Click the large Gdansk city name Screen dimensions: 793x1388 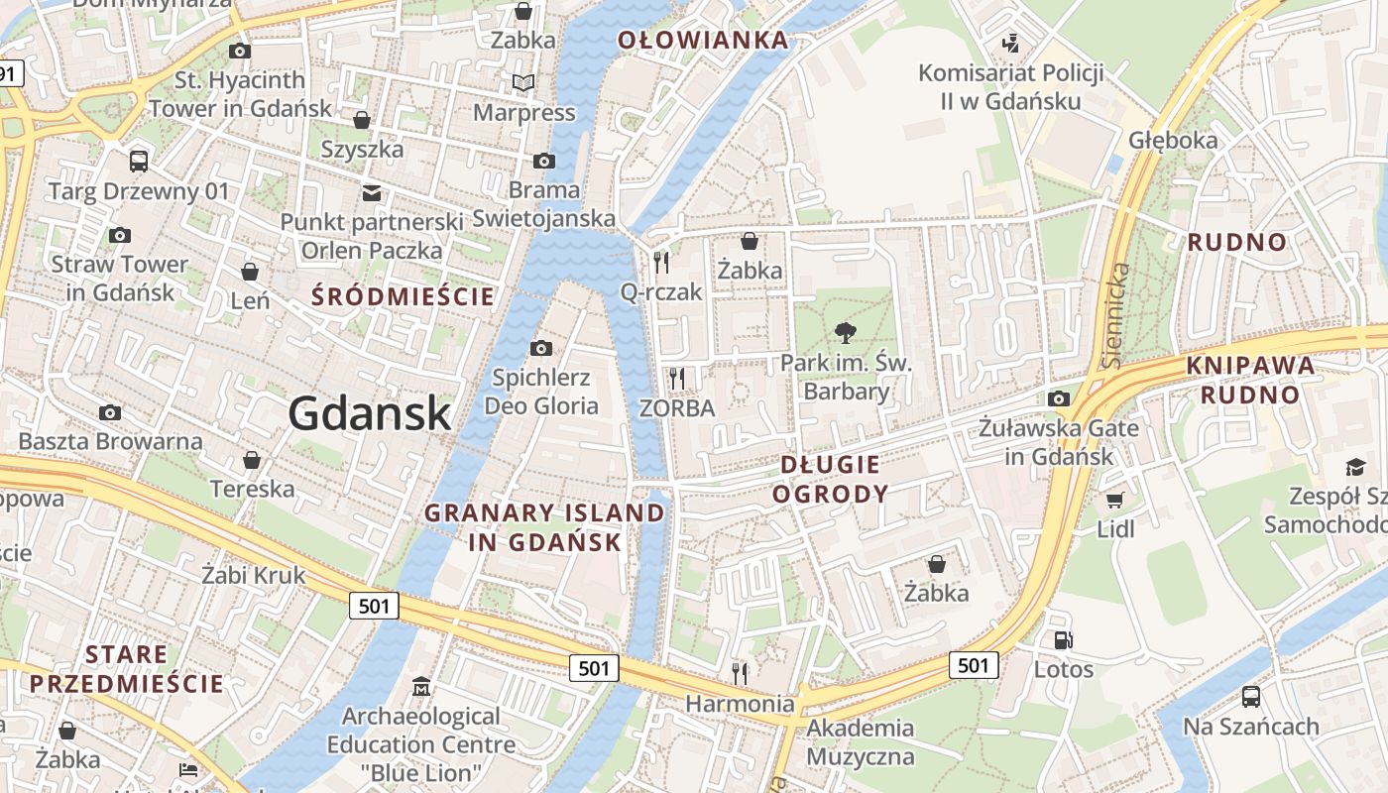(x=370, y=412)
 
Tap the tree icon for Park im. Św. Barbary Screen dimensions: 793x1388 (x=845, y=332)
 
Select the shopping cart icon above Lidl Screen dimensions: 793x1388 (x=1115, y=500)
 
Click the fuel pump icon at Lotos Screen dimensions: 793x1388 (x=1063, y=640)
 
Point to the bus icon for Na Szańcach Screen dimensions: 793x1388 (x=1251, y=697)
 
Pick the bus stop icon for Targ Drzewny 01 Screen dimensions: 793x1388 (x=139, y=161)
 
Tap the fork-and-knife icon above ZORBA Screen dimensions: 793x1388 (x=677, y=378)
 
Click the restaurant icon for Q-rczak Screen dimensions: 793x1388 (x=661, y=262)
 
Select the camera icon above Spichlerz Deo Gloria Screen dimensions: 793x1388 (x=540, y=348)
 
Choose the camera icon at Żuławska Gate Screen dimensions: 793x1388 (x=1058, y=398)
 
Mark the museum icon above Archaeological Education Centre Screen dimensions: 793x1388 (x=421, y=686)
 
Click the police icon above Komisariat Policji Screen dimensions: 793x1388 (x=1010, y=43)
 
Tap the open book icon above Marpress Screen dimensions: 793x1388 (x=522, y=83)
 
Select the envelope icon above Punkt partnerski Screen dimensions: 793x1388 (x=372, y=192)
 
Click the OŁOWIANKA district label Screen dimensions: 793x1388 (x=703, y=41)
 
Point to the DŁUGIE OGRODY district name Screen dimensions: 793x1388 (x=830, y=479)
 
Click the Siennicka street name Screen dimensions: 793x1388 (x=1116, y=315)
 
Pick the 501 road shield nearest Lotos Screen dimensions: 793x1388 (x=973, y=665)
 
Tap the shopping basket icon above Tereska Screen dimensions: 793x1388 (x=252, y=460)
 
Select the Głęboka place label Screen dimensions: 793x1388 (x=1173, y=140)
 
